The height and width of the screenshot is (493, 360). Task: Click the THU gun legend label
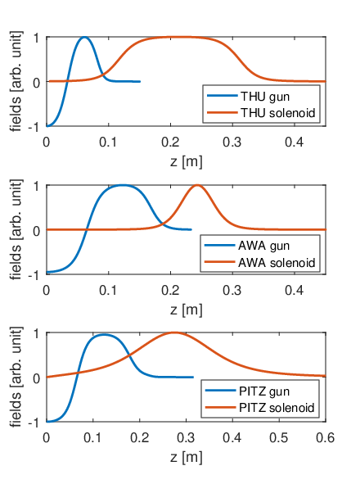(265, 97)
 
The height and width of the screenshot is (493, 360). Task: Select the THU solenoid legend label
(277, 112)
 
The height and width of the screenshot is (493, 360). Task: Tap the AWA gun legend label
(263, 246)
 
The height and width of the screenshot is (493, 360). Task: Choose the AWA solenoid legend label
(277, 262)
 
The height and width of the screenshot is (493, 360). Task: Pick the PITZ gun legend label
(264, 391)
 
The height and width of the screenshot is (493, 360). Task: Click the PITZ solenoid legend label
(277, 408)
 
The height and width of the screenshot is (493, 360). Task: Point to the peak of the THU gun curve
(84, 37)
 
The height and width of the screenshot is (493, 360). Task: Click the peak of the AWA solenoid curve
(197, 185)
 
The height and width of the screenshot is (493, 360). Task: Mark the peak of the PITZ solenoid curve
(173, 332)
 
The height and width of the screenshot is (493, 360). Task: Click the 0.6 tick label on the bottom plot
(326, 437)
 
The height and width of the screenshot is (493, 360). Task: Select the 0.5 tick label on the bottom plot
(279, 437)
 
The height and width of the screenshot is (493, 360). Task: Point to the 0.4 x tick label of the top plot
(295, 142)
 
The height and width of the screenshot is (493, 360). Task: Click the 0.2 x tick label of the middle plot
(170, 290)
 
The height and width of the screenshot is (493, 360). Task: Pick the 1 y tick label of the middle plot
(37, 186)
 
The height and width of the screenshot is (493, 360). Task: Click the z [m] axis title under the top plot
(186, 162)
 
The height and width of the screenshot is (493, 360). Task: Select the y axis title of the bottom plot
(16, 377)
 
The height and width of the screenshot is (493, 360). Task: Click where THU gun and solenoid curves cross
(103, 75)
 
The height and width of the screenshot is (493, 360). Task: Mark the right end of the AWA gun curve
(191, 230)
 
